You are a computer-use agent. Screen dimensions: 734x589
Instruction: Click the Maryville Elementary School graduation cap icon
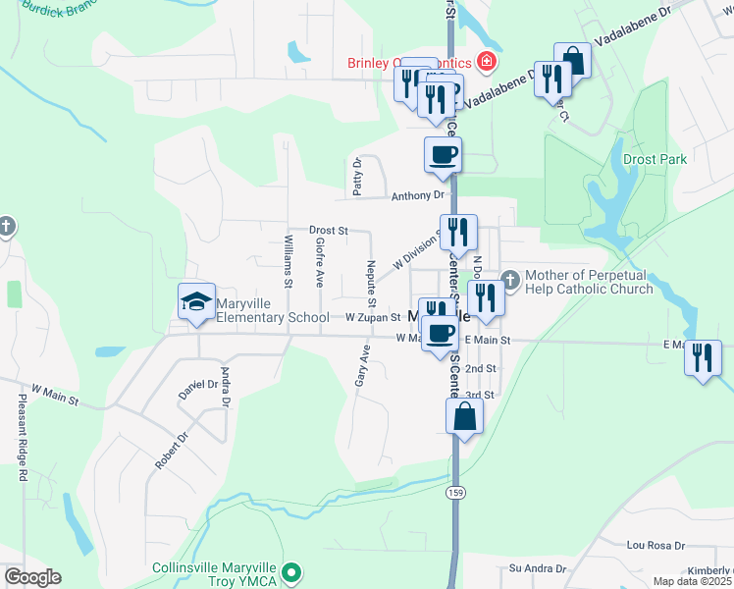[x=196, y=301]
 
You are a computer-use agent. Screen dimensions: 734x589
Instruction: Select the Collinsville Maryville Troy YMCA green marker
[x=290, y=571]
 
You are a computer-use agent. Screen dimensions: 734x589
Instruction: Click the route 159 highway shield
[x=453, y=491]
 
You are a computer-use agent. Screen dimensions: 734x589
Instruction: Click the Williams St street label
[x=288, y=260]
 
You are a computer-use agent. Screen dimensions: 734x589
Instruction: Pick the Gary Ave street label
[x=363, y=364]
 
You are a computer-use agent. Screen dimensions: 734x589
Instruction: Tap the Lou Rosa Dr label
[x=655, y=545]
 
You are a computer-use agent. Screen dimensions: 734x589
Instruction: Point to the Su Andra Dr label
[x=537, y=568]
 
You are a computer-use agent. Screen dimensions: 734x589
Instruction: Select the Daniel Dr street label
[x=197, y=384]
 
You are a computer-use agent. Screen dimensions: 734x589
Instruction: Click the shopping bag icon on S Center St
[x=464, y=416]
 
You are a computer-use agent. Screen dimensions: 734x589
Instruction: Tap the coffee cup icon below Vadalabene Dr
[x=443, y=154]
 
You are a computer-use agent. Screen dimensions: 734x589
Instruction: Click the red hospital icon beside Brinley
[x=486, y=64]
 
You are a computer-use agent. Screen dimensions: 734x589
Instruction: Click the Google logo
[x=32, y=577]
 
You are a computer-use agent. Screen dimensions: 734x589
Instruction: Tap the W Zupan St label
[x=373, y=317]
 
